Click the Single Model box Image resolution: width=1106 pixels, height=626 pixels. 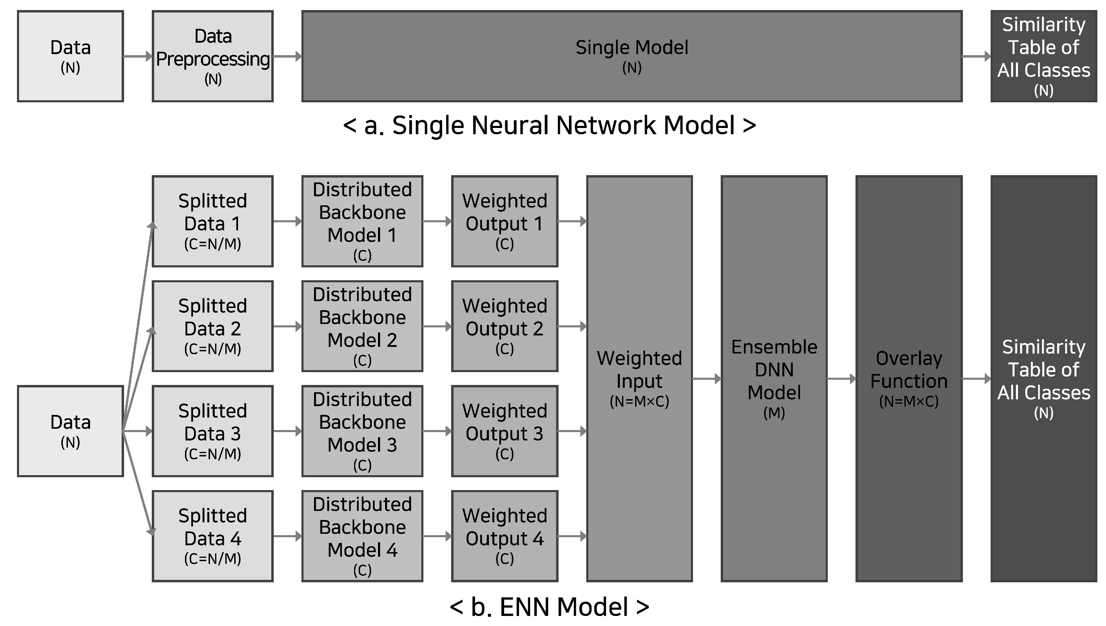[631, 56]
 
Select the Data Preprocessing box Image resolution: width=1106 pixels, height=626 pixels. [213, 56]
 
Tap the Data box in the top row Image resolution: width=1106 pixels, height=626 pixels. [70, 56]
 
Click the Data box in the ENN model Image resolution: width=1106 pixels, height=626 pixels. [70, 431]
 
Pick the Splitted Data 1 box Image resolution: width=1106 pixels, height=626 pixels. [213, 221]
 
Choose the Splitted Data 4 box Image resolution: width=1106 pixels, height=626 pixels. [213, 536]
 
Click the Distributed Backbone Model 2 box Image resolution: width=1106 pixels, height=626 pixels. [362, 326]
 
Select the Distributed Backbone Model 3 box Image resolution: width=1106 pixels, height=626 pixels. [362, 431]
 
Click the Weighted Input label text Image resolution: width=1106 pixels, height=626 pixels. [639, 370]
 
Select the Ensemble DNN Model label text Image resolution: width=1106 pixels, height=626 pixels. [774, 370]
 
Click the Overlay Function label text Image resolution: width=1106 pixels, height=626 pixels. [909, 370]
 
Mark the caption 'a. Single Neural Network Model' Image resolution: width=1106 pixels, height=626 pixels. [550, 126]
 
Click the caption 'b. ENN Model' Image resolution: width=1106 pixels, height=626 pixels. [550, 607]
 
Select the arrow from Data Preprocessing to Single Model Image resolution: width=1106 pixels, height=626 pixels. [287, 56]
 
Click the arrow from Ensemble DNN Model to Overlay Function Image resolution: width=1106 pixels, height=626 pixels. [841, 379]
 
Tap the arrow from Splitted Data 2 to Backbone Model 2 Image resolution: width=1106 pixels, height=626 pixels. [287, 326]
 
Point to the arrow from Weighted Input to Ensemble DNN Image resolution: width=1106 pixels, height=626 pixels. [706, 379]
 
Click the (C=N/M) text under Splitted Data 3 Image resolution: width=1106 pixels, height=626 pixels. [213, 454]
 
